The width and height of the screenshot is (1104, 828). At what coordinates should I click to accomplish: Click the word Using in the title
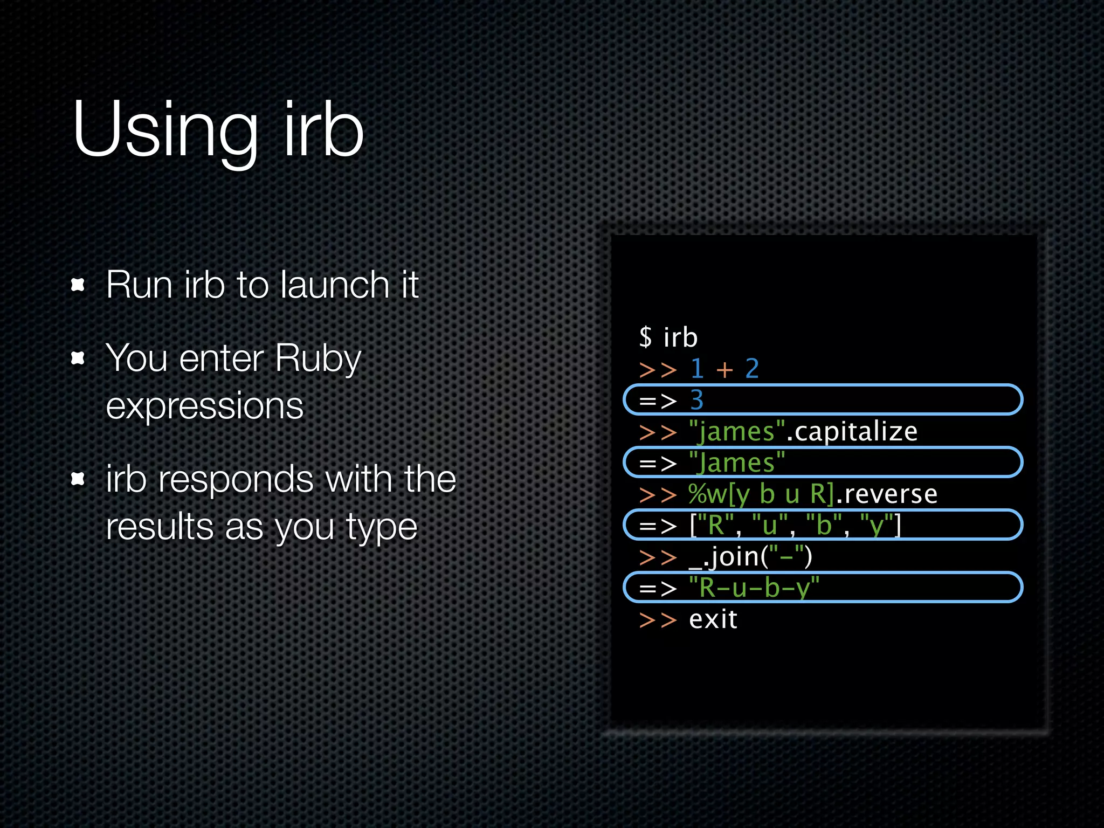click(165, 130)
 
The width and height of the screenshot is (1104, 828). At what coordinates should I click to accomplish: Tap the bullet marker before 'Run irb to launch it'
click(78, 285)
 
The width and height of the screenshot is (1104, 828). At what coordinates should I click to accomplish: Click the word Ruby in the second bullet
click(318, 359)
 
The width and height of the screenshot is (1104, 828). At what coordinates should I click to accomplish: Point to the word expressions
click(205, 405)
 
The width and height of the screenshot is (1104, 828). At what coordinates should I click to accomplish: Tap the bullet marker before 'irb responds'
click(78, 479)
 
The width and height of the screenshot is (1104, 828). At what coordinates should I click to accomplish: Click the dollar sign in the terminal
click(645, 337)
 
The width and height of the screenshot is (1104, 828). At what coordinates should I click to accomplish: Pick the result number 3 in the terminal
click(696, 400)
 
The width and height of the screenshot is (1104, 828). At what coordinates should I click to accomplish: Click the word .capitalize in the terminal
click(852, 431)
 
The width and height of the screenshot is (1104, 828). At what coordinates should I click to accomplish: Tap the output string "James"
click(737, 463)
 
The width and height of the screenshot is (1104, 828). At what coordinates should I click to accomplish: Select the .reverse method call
click(886, 494)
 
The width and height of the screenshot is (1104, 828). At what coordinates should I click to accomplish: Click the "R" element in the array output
click(716, 525)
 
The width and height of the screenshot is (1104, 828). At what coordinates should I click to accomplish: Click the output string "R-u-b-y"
click(754, 588)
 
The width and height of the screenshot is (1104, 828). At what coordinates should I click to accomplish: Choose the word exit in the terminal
click(713, 619)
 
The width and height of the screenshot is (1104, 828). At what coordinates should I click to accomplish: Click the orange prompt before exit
click(658, 620)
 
